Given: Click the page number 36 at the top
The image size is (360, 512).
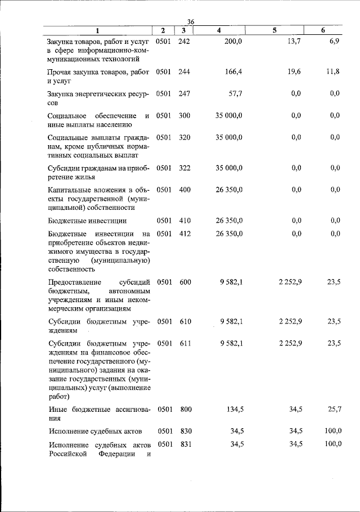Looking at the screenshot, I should click(191, 21).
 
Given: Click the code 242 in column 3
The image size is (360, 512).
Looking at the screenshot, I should click(184, 42).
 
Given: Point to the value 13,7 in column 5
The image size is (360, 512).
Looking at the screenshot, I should click(294, 42).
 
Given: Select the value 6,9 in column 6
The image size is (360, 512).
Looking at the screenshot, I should click(335, 42).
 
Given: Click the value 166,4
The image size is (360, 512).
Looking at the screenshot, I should click(232, 72).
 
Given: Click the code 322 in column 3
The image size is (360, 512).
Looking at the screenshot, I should click(184, 168).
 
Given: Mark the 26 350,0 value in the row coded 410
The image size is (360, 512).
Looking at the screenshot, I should click(229, 221).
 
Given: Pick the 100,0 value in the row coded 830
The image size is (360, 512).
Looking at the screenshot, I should click(333, 431).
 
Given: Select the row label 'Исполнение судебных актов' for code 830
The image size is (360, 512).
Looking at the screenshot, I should click(93, 431).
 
